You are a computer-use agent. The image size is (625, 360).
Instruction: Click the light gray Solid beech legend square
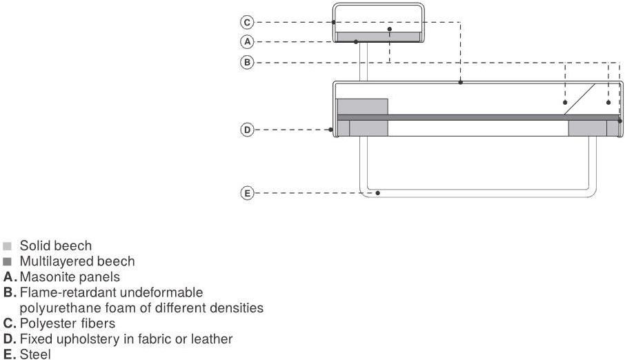[8, 246]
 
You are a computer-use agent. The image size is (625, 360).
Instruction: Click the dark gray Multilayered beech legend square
[8, 262]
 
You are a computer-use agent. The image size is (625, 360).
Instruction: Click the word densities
[239, 308]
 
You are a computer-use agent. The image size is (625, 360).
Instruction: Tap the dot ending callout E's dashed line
[378, 194]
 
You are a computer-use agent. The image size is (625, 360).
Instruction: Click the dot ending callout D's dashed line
[331, 129]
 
